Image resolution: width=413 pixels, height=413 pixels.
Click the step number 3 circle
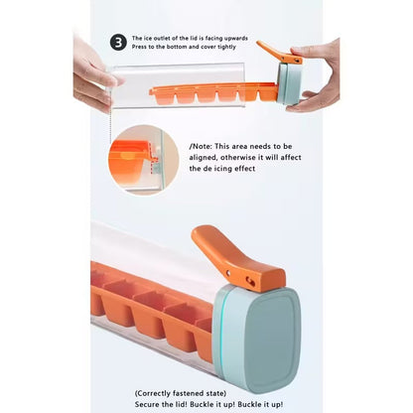pyautogui.click(x=119, y=42)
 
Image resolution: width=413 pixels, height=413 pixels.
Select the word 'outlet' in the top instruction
pyautogui.click(x=171, y=37)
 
